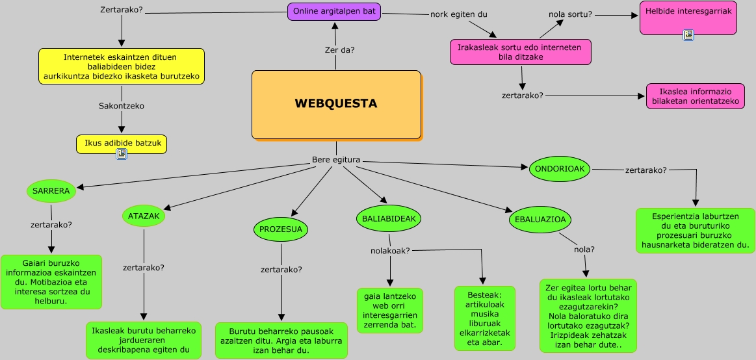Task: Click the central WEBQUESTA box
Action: [336, 104]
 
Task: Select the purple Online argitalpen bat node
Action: [334, 12]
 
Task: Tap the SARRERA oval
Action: [51, 191]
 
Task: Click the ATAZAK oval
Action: [143, 216]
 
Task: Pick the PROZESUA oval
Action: [280, 229]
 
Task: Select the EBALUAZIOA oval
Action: [540, 220]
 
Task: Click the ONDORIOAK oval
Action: [560, 169]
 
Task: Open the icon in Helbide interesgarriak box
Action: [688, 35]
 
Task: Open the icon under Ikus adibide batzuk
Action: [121, 154]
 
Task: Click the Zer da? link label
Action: [339, 50]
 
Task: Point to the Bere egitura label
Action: [335, 160]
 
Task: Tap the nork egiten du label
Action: [458, 14]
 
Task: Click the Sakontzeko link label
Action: [122, 106]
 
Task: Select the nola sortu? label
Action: [570, 14]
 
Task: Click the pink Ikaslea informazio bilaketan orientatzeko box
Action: [695, 96]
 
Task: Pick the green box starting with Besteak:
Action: [484, 318]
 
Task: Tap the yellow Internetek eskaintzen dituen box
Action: [121, 66]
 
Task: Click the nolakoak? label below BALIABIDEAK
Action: [390, 251]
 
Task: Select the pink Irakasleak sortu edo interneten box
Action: [520, 52]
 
